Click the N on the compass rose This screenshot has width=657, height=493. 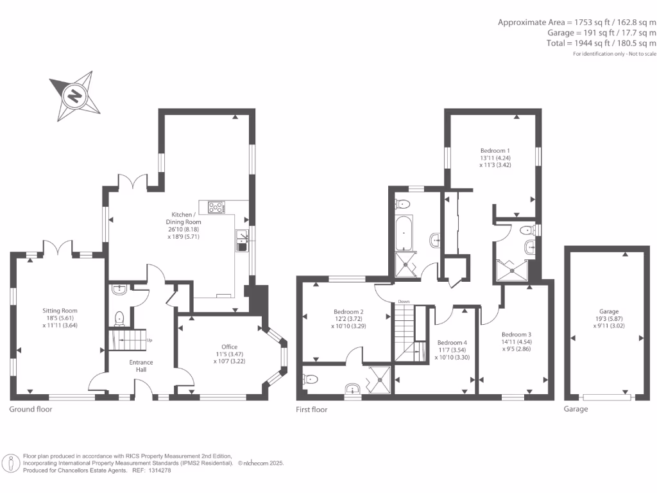point(75,96)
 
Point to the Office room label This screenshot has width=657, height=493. point(229,347)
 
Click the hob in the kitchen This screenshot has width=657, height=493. point(216,207)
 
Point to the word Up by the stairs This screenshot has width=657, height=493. point(149,340)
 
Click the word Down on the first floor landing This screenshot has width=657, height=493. point(404,301)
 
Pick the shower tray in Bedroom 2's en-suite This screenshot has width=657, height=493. point(379,380)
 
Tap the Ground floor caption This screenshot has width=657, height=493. point(31,409)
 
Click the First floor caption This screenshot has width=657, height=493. point(311,409)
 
